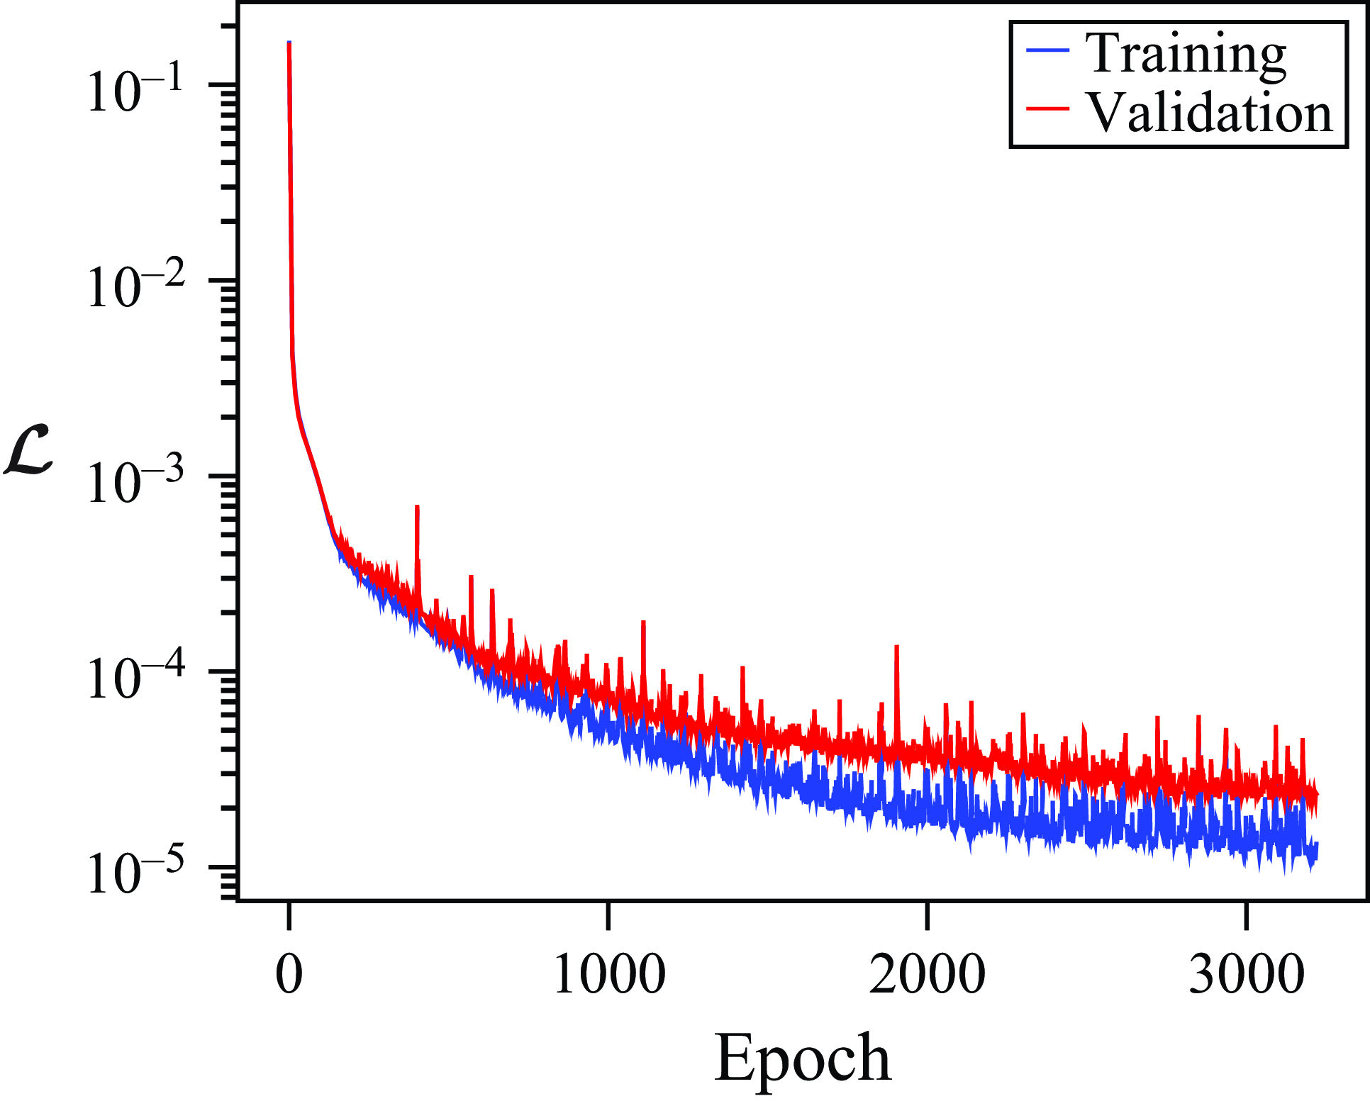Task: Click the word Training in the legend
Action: coord(1185,55)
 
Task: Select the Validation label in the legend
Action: coord(1210,113)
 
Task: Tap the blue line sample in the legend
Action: coord(1047,50)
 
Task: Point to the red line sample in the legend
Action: coord(1047,108)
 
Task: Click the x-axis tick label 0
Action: coord(289,974)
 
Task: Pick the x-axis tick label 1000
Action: coord(608,974)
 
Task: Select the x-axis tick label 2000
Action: coord(927,974)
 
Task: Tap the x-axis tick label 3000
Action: coord(1246,974)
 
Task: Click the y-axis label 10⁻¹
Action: coord(135,92)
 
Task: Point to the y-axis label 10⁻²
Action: coord(135,288)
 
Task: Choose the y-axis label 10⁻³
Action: coord(135,484)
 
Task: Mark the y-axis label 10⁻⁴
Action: coord(135,679)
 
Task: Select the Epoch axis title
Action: coord(802,1058)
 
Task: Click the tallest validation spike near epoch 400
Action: coord(418,507)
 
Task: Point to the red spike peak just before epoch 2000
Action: coord(897,647)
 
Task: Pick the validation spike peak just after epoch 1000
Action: coord(643,622)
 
